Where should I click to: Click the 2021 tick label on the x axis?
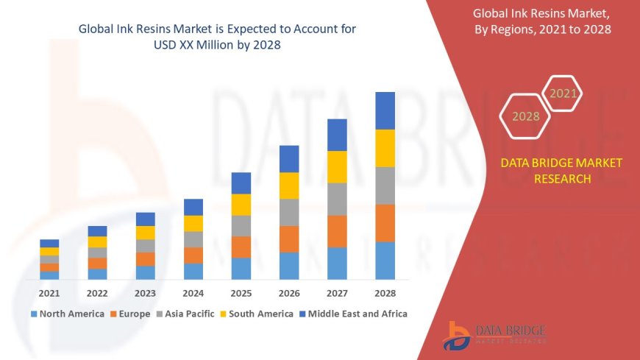tap(49, 292)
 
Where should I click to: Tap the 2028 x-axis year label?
tap(385, 292)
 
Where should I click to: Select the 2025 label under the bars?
tap(241, 292)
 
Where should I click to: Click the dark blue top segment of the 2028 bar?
tap(385, 110)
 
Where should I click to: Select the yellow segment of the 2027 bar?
tap(337, 166)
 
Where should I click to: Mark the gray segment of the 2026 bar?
tap(289, 212)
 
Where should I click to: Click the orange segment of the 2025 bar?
tap(241, 247)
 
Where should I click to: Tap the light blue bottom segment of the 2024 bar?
tap(193, 271)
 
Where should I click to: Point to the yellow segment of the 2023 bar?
tap(146, 233)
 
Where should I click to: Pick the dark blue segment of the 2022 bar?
tap(97, 231)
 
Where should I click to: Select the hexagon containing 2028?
tap(525, 116)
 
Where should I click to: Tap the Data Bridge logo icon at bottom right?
tap(458, 336)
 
